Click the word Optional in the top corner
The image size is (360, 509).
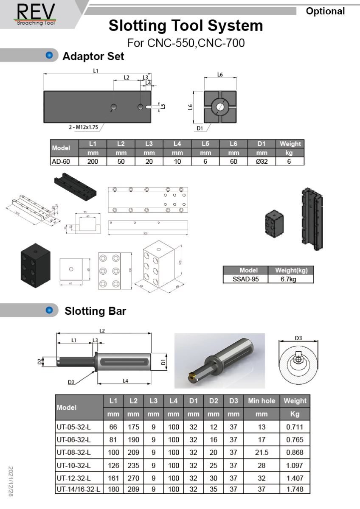coord(325,11)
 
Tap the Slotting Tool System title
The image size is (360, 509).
coord(186,26)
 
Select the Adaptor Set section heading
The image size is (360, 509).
coord(93,56)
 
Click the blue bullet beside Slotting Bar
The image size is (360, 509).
coord(50,311)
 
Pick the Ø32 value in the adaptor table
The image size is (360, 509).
coord(262,161)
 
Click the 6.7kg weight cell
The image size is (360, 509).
coord(291,279)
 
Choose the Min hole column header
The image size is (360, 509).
coord(262,400)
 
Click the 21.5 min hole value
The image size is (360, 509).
coord(262,452)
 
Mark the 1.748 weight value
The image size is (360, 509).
coord(295,489)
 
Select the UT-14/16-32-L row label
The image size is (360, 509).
coord(79,489)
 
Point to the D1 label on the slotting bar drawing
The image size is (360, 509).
coord(163,362)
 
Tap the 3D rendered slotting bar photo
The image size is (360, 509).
coord(219,361)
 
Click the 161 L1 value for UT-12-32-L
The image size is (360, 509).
coord(113,477)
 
